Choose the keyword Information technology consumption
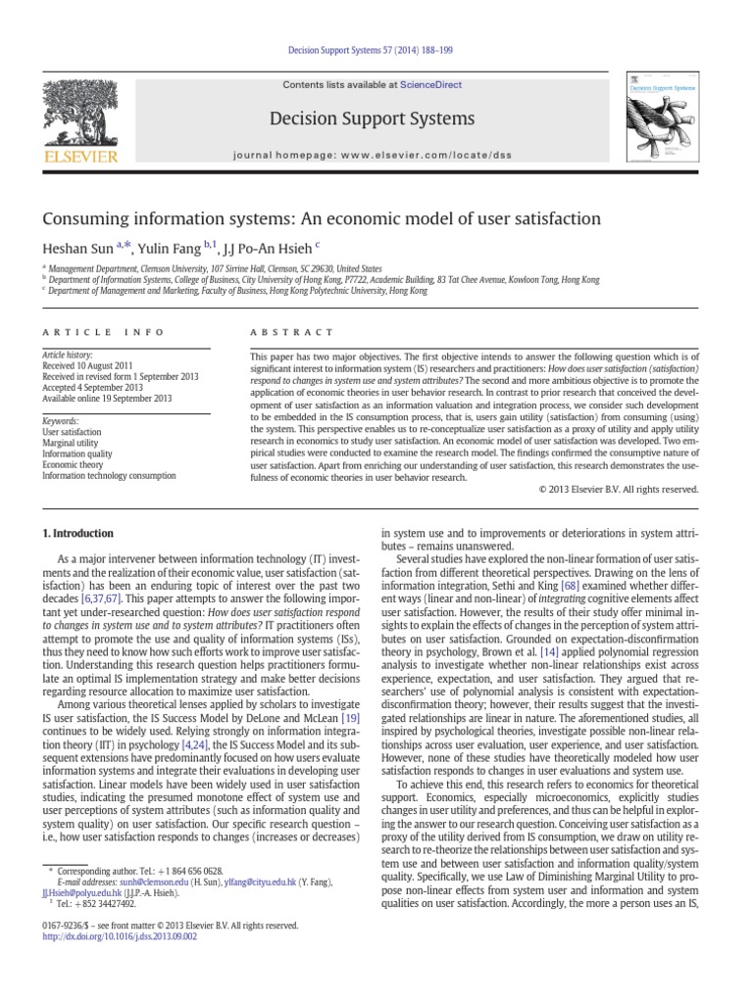[109, 475]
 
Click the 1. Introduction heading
[77, 534]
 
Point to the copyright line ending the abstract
[619, 488]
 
